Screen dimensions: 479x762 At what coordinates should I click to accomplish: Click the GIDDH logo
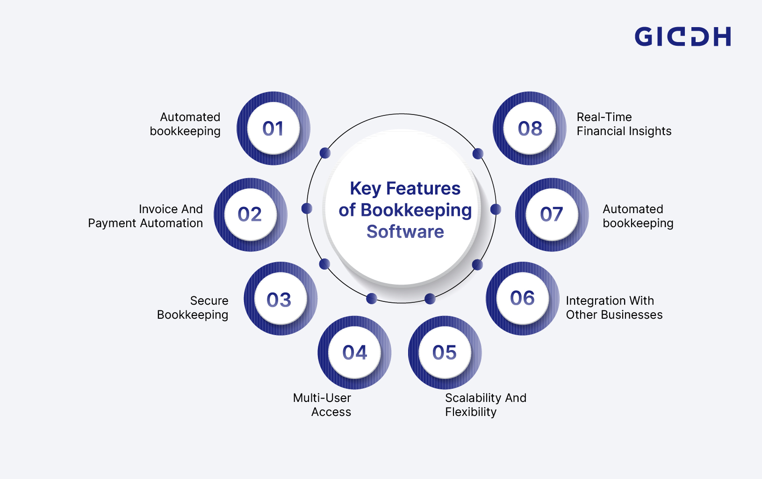click(x=683, y=36)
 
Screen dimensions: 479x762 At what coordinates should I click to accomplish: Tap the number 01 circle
click(x=273, y=128)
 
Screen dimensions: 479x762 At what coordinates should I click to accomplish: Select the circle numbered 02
click(x=250, y=214)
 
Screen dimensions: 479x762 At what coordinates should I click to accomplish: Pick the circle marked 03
click(x=280, y=299)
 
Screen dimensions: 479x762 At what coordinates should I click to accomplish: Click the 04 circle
click(x=354, y=352)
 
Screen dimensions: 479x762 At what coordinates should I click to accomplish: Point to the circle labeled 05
click(x=445, y=352)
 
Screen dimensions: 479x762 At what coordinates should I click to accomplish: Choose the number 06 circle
click(x=522, y=298)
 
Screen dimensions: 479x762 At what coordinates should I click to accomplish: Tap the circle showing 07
click(x=552, y=214)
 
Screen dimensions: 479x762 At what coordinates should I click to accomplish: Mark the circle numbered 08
click(x=530, y=128)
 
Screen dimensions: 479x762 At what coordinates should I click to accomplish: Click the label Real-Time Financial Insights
click(x=624, y=124)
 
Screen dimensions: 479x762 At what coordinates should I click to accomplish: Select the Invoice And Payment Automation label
click(x=145, y=216)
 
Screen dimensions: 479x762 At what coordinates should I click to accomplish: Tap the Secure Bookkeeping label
click(x=193, y=307)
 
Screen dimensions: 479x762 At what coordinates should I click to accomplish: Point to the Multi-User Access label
click(x=322, y=405)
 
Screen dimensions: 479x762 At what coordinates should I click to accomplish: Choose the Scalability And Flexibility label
click(x=485, y=405)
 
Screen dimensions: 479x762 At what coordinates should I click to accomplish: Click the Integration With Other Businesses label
click(x=614, y=307)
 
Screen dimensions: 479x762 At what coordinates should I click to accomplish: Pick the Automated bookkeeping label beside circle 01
click(x=185, y=124)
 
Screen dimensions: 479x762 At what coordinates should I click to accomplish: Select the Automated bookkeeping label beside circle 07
click(x=638, y=216)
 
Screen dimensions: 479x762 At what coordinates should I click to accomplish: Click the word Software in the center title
click(x=405, y=232)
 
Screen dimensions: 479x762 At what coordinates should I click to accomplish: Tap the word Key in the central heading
click(x=365, y=189)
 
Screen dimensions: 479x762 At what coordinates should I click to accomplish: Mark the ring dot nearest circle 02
click(x=307, y=208)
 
